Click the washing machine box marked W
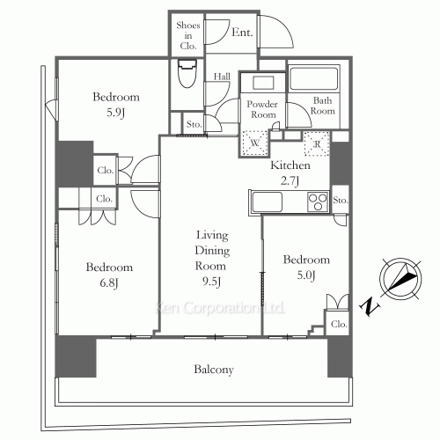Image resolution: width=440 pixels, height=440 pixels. coord(254,143)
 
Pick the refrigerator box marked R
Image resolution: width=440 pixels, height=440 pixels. coord(313,141)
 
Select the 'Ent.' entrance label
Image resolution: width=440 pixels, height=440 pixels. coord(242,33)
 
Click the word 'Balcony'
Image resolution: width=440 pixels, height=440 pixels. coord(214,370)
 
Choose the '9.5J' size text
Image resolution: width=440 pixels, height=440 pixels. coord(211,282)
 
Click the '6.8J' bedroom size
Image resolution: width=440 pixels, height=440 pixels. coord(109,282)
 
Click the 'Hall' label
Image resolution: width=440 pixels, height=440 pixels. coord(222,77)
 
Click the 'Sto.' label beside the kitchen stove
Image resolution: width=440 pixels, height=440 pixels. coord(341,201)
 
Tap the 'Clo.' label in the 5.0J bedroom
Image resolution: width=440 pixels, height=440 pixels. coord(338,324)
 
